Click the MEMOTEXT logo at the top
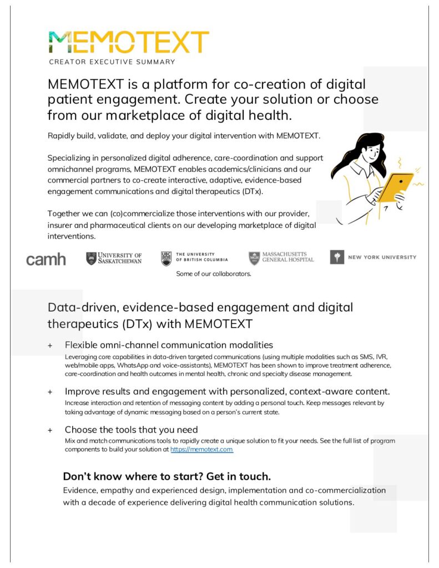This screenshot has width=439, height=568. pos(128,43)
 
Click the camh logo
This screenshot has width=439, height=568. pos(46,259)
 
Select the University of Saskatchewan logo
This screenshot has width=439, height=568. pos(114,258)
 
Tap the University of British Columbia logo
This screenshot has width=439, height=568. pos(194,257)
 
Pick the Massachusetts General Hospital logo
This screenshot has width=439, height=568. pos(281,257)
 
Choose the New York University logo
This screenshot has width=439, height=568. pos(373,257)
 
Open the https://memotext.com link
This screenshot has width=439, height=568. pos(201,450)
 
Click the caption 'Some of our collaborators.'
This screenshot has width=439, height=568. pos(214,273)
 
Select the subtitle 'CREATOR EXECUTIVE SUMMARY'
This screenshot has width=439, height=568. pos(112,62)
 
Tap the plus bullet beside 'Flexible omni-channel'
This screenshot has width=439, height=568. pos(50,346)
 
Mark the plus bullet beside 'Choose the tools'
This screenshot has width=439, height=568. pos(50,430)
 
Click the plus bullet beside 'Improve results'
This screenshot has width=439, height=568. pos(50,392)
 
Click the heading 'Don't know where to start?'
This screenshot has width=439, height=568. pos(166,476)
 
